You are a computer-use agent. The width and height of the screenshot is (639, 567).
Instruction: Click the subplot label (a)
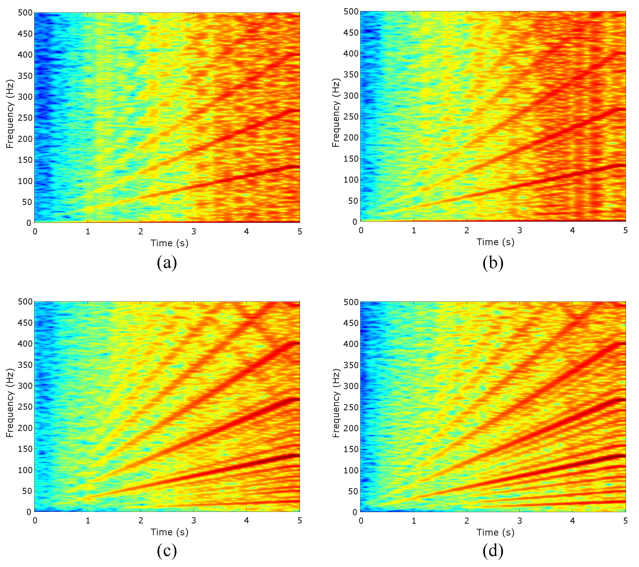tap(167, 262)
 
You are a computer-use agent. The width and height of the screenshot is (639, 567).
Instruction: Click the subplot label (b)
tap(493, 262)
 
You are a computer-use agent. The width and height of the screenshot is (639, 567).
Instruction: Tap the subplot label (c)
tap(167, 551)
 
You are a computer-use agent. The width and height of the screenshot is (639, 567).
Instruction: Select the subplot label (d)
tap(493, 551)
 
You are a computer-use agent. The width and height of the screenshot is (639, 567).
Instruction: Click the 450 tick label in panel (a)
tap(25, 34)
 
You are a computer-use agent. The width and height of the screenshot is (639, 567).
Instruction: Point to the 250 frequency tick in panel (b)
tap(351, 116)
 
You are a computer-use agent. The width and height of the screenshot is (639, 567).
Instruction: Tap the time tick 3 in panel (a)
tap(194, 232)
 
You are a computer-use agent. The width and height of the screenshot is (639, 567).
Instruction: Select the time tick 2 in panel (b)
tap(467, 230)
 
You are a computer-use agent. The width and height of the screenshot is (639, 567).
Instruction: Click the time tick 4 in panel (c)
tap(247, 521)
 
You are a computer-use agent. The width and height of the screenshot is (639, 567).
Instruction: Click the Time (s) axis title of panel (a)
tap(169, 243)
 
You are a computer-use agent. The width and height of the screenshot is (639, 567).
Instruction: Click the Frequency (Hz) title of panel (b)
tap(335, 113)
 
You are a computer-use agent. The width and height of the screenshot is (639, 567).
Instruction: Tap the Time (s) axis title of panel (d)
tap(495, 532)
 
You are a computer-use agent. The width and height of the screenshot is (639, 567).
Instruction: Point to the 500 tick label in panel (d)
tap(351, 302)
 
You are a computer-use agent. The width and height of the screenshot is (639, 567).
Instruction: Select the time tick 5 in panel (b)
tap(625, 230)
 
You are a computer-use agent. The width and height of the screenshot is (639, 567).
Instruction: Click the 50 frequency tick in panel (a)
tap(27, 202)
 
